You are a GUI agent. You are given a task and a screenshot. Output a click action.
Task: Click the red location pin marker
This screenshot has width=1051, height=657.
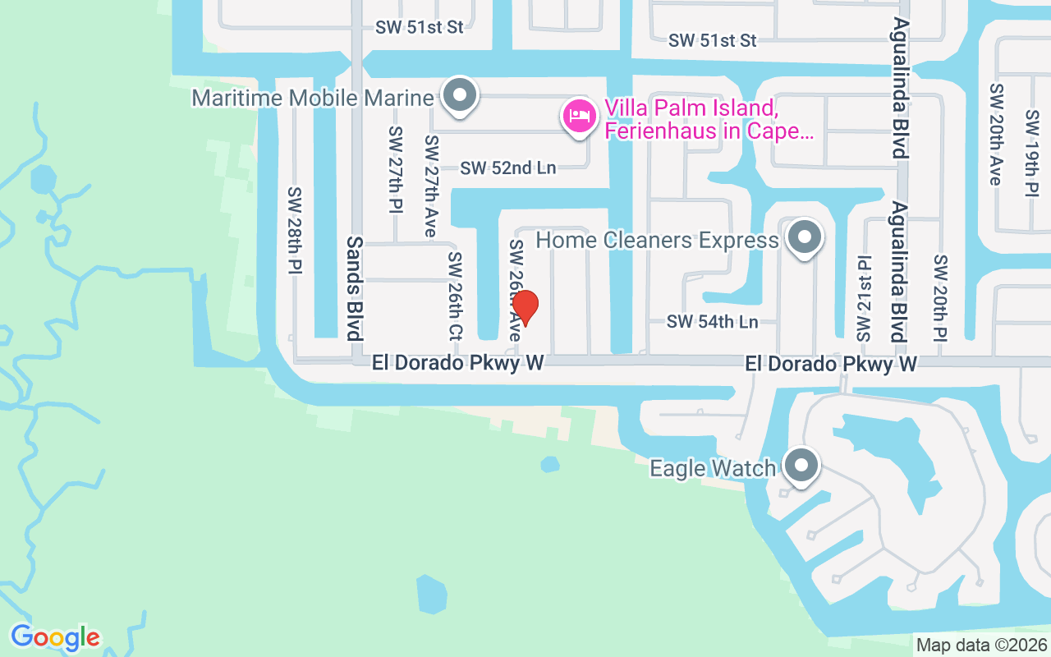(x=525, y=309)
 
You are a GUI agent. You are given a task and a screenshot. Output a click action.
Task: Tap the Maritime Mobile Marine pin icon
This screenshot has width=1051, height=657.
(x=460, y=96)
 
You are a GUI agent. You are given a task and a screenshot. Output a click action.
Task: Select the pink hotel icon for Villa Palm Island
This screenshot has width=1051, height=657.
(x=580, y=115)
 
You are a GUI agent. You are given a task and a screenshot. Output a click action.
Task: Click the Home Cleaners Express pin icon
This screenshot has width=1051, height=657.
(x=805, y=238)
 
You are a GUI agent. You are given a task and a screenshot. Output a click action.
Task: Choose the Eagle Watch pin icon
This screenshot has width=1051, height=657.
(x=801, y=467)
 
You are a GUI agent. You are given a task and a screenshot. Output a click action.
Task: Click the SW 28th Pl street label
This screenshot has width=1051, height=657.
(x=296, y=230)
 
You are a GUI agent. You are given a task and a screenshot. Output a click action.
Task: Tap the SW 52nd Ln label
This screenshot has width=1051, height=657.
(x=507, y=168)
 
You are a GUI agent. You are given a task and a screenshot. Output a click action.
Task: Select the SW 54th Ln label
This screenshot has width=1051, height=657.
(x=712, y=322)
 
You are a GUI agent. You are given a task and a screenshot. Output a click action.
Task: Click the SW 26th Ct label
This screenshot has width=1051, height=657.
(x=455, y=296)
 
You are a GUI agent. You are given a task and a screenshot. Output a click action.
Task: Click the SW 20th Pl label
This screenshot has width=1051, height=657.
(x=940, y=297)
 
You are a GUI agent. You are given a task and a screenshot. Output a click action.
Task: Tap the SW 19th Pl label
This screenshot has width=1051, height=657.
(x=1032, y=154)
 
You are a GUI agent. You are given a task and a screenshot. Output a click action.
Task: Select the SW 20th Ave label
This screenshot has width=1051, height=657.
(x=997, y=134)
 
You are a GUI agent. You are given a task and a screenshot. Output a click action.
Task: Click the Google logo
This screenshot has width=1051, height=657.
(x=55, y=636)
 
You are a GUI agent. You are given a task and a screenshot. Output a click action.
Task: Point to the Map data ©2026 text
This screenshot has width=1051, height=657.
(x=981, y=645)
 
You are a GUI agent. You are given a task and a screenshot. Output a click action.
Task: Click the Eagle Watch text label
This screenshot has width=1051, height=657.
(x=713, y=468)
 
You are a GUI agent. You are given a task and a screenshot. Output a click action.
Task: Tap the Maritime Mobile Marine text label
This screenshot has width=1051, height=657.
(x=312, y=99)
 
